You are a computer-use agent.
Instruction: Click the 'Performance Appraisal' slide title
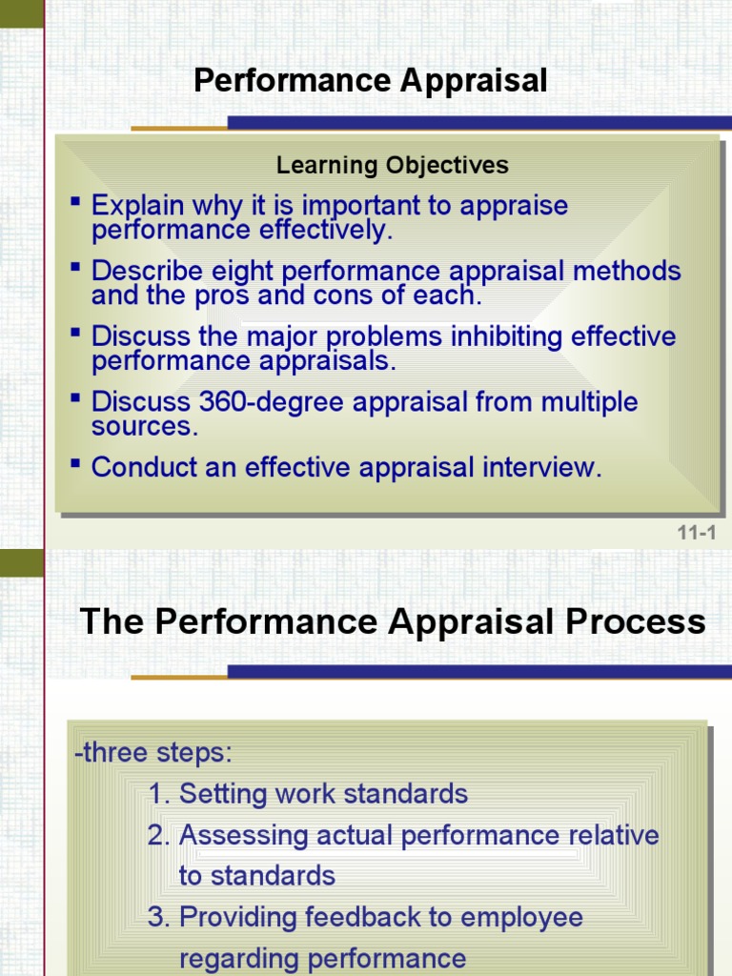tap(370, 82)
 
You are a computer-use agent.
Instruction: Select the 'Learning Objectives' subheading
tap(392, 165)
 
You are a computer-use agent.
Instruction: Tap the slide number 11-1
tap(697, 533)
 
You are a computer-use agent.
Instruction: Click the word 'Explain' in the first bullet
tap(132, 206)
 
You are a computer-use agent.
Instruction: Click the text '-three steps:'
tap(152, 752)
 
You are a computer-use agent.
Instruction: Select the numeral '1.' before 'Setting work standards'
tap(159, 794)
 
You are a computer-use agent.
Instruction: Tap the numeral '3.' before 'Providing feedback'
tap(159, 917)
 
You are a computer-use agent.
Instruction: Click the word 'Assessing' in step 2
tap(236, 835)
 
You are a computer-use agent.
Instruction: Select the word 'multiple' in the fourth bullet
tap(589, 402)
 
